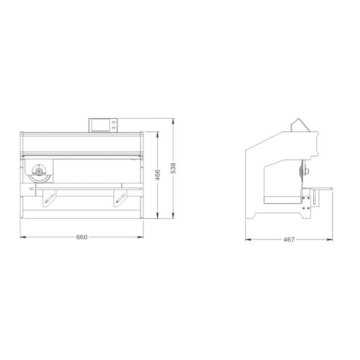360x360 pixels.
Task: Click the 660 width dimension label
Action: click(x=82, y=237)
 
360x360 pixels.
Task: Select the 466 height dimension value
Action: click(x=158, y=175)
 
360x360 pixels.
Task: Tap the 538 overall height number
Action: click(x=173, y=169)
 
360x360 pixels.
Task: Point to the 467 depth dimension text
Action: click(x=289, y=239)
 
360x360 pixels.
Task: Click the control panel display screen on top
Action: click(x=100, y=125)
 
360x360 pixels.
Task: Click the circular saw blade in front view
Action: click(x=38, y=173)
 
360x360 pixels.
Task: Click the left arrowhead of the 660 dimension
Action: click(x=22, y=237)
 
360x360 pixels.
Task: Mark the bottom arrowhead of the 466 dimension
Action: click(x=158, y=217)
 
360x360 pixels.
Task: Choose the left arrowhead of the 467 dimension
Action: click(x=247, y=239)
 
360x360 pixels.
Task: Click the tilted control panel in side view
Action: click(x=298, y=125)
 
